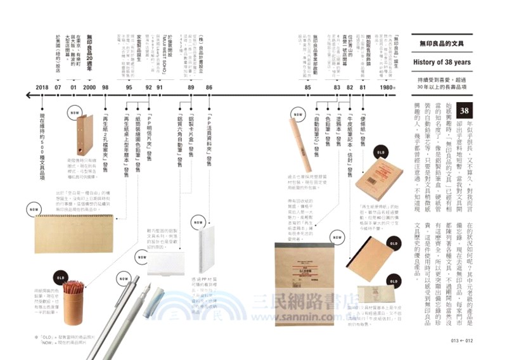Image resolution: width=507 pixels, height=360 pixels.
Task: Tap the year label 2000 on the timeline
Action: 89,87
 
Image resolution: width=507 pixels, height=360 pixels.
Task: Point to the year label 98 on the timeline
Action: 106,87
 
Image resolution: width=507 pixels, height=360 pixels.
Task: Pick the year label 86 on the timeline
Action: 209,87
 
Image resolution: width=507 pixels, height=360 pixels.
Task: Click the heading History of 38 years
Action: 441,62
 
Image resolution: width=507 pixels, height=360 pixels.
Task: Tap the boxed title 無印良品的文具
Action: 441,42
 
